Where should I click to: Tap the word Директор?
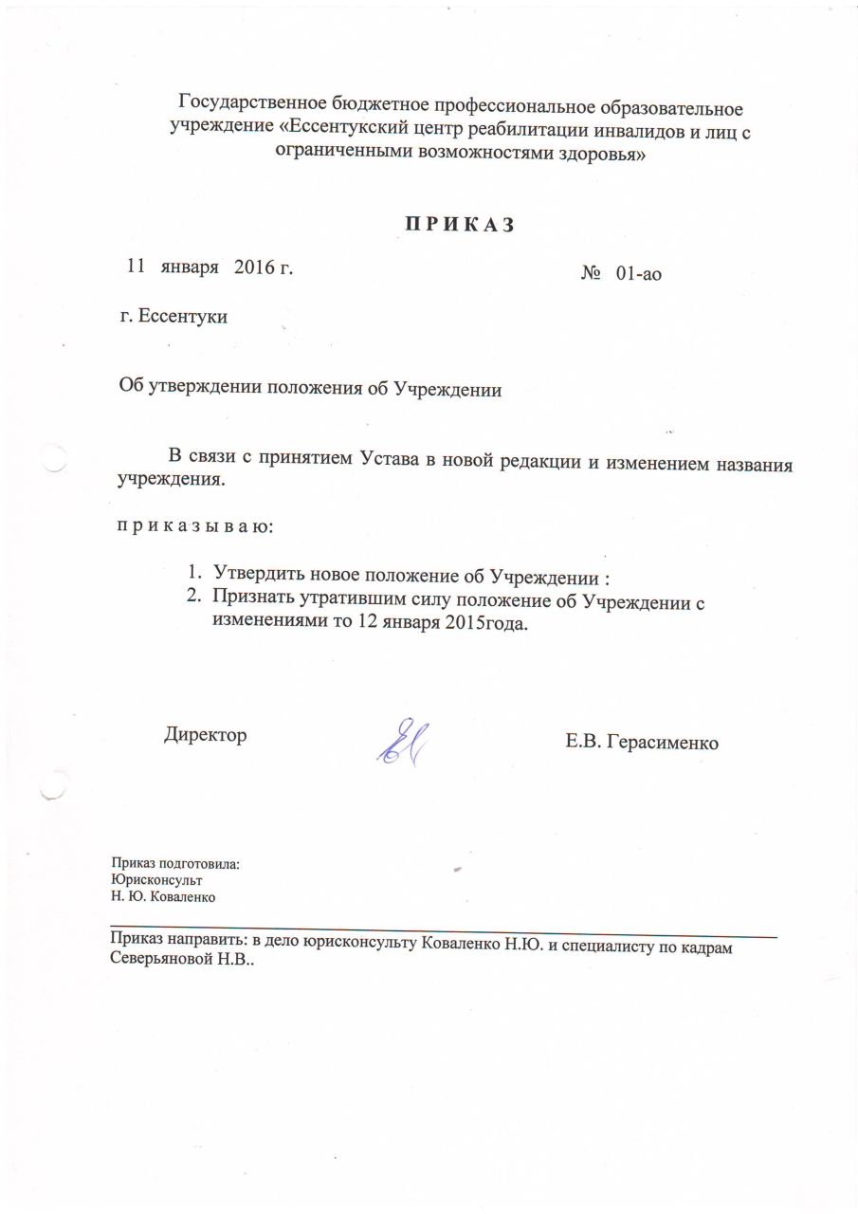(206, 735)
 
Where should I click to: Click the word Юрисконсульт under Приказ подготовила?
(156, 879)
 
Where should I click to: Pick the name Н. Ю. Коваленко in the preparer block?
(165, 895)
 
